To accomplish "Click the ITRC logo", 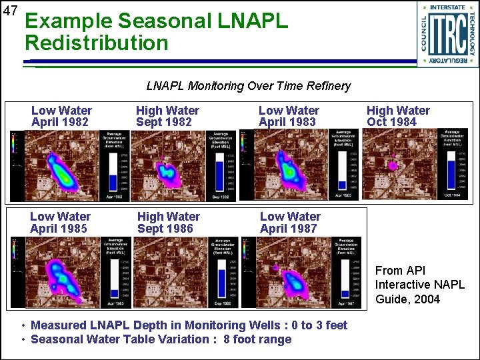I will pyautogui.click(x=447, y=34).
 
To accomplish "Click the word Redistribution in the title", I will pyautogui.click(x=97, y=43).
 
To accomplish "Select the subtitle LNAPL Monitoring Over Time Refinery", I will pyautogui.click(x=248, y=86).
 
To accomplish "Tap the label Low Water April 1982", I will pyautogui.click(x=61, y=116).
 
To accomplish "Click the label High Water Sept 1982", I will pyautogui.click(x=167, y=116).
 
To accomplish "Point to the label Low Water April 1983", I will pyautogui.click(x=289, y=116).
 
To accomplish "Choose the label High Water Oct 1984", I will pyautogui.click(x=398, y=116).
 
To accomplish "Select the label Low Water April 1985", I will pyautogui.click(x=60, y=223).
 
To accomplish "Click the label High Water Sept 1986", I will pyautogui.click(x=168, y=223).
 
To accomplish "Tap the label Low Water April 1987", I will pyautogui.click(x=290, y=223).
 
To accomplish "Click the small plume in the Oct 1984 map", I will pyautogui.click(x=394, y=163).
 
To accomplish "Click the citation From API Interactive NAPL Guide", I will pyautogui.click(x=419, y=285).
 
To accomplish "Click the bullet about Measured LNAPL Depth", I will pyautogui.click(x=189, y=325).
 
